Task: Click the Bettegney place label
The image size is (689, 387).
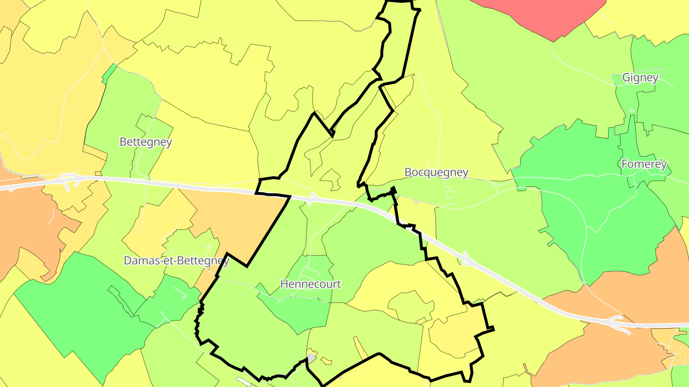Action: point(145,142)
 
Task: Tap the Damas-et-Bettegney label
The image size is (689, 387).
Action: point(176,261)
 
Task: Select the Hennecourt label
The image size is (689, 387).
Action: point(311,284)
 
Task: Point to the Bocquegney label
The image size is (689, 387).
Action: point(436,172)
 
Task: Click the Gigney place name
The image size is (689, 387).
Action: point(640,77)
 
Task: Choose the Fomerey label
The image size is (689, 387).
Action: point(644,164)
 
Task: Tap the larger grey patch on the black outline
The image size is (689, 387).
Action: point(312,357)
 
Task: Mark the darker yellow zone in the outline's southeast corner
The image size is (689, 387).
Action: point(455,334)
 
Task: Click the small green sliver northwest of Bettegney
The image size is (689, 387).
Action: point(110,72)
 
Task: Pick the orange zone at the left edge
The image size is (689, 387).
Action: point(24,225)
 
